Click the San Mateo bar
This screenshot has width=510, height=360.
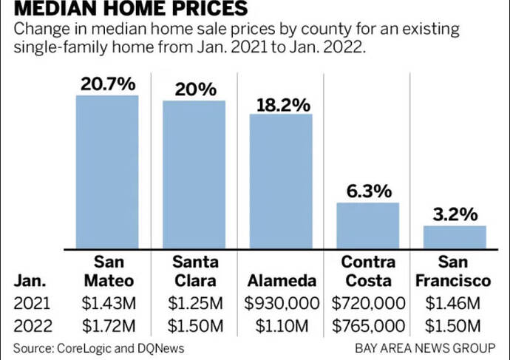tap(107, 171)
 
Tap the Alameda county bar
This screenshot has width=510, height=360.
tap(281, 181)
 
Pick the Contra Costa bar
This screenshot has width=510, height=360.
tap(368, 225)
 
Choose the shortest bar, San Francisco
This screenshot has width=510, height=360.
tap(455, 237)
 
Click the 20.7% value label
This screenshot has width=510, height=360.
tap(107, 84)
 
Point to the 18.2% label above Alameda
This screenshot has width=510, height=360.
tap(282, 103)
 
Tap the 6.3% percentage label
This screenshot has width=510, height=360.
tap(368, 191)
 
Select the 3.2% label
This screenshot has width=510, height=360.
tap(455, 215)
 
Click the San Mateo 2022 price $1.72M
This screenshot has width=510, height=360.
tap(107, 326)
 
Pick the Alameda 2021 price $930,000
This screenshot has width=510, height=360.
tap(282, 303)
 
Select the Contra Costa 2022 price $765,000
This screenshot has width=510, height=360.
tap(368, 326)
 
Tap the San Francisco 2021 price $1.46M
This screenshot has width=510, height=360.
tap(455, 303)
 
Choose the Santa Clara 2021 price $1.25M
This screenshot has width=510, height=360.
tap(194, 303)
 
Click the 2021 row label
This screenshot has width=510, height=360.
tap(29, 303)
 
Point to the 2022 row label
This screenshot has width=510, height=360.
tap(29, 326)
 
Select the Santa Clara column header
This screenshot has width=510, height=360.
tap(194, 271)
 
